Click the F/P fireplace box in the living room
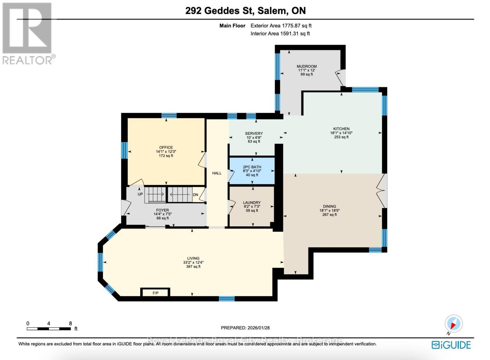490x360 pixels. (155, 293)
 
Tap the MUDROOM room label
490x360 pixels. (307, 66)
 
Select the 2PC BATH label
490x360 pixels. (252, 167)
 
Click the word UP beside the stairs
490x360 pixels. (140, 194)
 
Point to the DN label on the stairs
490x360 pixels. (195, 195)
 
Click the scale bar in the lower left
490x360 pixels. (49, 329)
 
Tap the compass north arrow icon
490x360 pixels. (454, 324)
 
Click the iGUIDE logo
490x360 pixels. (451, 345)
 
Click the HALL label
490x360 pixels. (217, 173)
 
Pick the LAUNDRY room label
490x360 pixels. (252, 203)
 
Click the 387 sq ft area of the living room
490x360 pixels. (193, 267)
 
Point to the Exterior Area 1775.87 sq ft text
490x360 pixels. (281, 26)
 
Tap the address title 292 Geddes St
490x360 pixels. (219, 11)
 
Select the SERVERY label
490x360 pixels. (254, 133)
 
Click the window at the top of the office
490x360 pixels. (169, 116)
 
